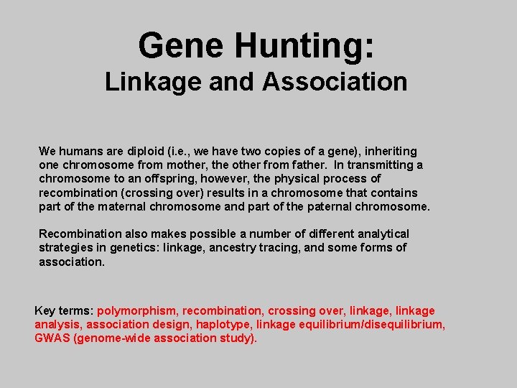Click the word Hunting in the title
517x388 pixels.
point(304,45)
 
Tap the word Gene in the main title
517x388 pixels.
point(182,45)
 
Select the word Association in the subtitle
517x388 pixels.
point(335,82)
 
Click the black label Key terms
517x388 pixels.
point(63,311)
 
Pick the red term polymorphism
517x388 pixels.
point(136,311)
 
